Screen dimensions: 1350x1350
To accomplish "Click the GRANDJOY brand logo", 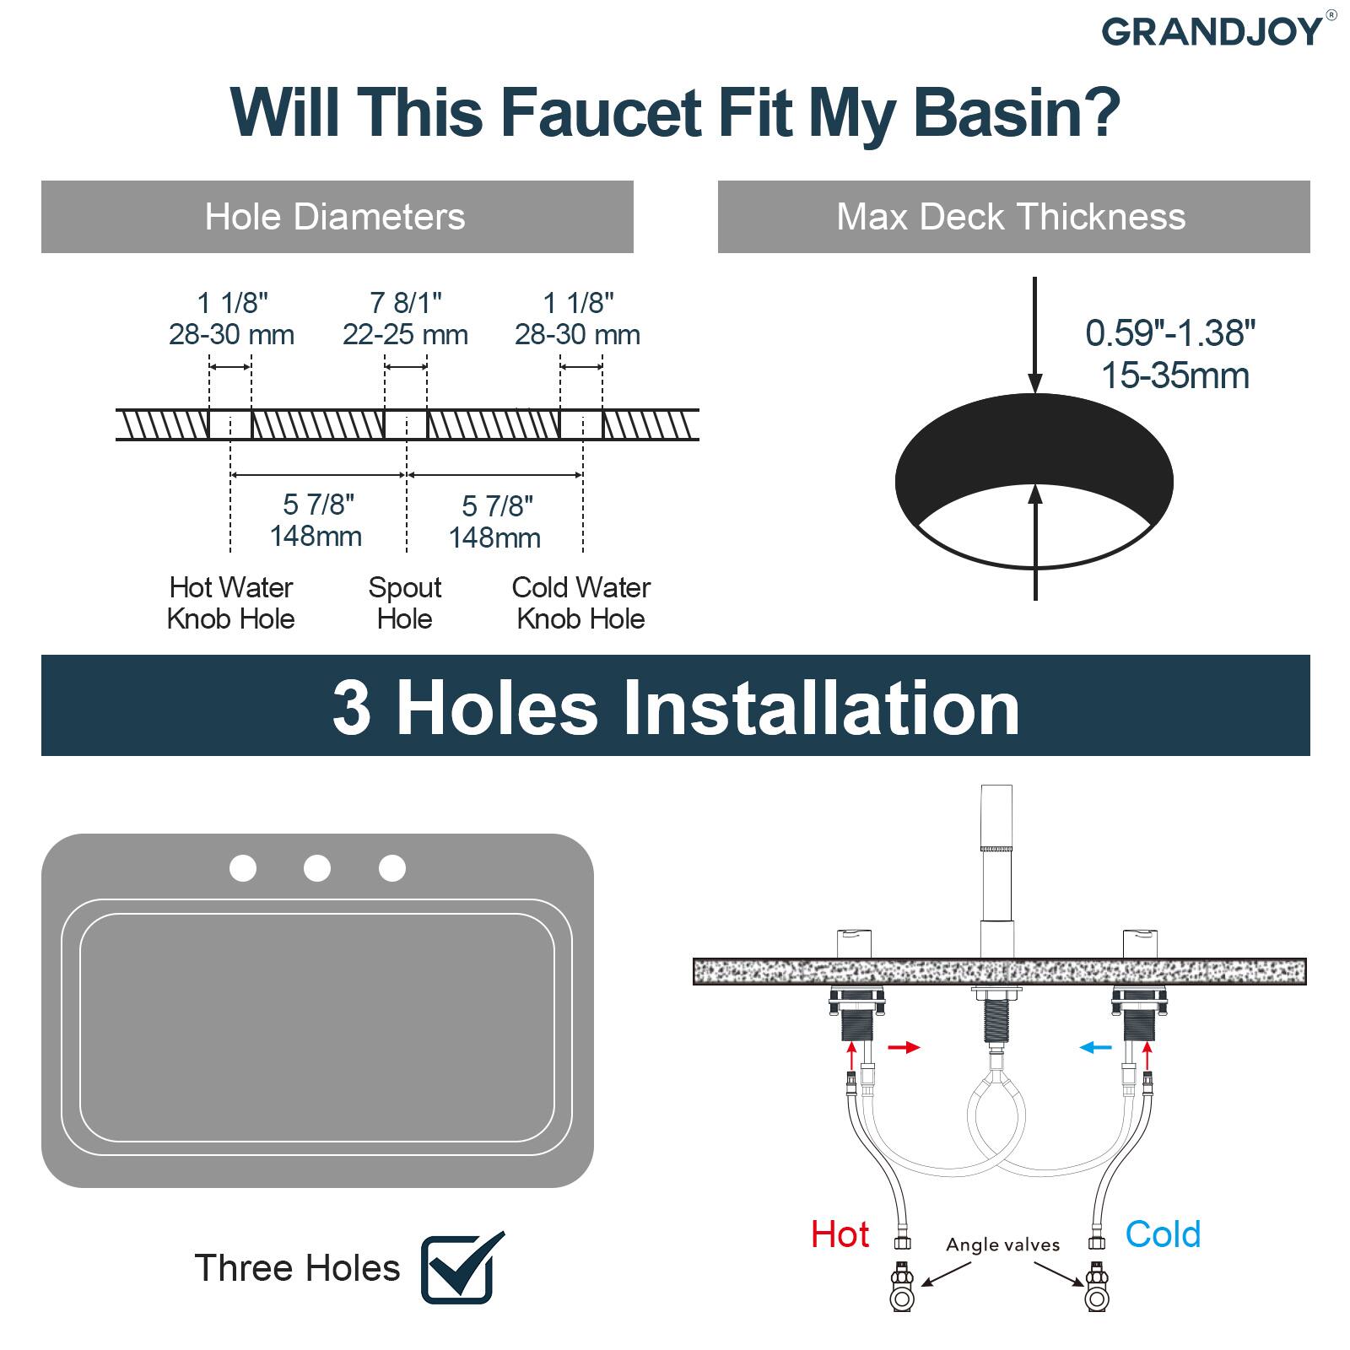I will point(1212,32).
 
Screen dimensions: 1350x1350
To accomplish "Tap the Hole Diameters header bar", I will point(337,217).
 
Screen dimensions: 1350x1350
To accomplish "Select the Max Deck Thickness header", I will point(1012,217).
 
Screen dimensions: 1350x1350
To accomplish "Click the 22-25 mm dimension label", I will point(405,335).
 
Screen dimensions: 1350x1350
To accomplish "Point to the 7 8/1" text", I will point(405,302).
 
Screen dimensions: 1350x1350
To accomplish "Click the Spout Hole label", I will point(405,602).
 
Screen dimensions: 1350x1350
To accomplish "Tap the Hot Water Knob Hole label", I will point(230,602).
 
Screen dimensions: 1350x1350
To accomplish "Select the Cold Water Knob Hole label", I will point(580,602).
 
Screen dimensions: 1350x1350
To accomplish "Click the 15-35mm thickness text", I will point(1174,375).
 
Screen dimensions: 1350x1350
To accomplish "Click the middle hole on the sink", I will point(317,867).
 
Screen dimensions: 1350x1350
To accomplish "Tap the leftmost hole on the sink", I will point(243,867).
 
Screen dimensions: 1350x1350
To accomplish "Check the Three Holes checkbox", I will point(460,1267).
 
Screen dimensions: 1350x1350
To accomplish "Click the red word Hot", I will point(840,1234).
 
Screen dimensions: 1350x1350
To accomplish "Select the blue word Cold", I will point(1163,1234).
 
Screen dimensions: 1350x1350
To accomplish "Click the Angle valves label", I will point(1002,1245).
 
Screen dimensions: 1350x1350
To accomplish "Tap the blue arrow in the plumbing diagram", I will point(1096,1047).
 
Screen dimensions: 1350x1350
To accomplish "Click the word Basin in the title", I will point(1017,112).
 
